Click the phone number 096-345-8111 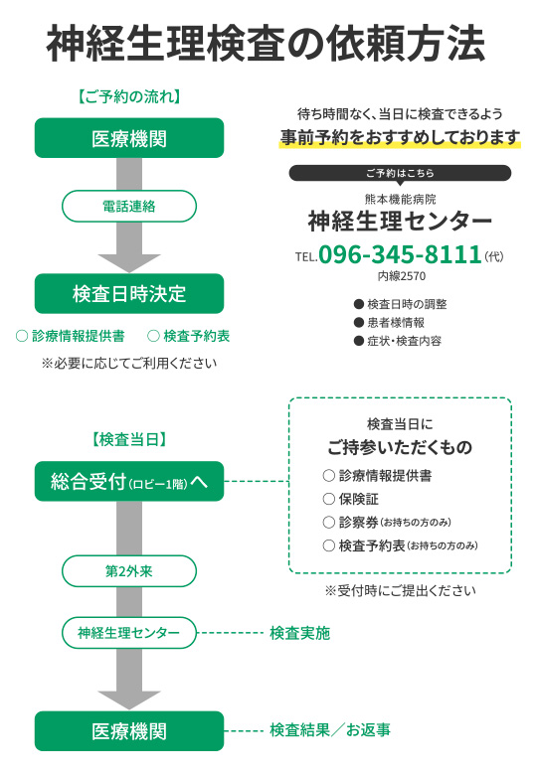point(400,254)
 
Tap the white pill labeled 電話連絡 point(129,206)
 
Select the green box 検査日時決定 point(129,293)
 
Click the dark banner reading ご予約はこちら point(400,173)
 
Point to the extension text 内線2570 point(402,276)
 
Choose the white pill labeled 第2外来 point(129,571)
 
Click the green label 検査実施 point(299,633)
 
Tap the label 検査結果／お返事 point(330,730)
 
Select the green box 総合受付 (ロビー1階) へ point(129,482)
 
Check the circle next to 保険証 point(329,499)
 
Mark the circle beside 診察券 point(329,523)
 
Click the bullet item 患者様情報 point(390,323)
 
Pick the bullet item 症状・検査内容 point(398,341)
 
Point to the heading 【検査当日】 point(129,439)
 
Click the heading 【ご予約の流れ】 point(129,96)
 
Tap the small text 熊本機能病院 point(400,199)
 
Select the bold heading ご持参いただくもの point(400,447)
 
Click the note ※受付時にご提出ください point(400,590)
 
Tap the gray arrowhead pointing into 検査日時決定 point(129,263)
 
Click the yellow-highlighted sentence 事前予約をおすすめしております point(400,137)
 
